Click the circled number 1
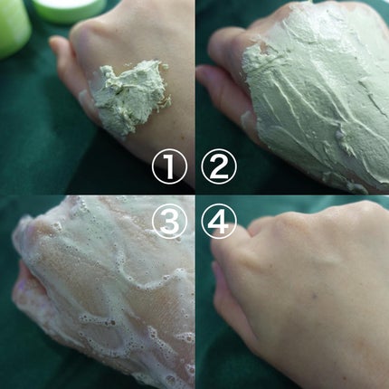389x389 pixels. coord(169,166)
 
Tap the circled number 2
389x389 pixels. coord(219,166)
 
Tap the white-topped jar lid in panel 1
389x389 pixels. coord(69,9)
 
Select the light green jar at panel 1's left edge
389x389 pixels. coord(14,27)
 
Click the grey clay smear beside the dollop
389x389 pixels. coord(85,96)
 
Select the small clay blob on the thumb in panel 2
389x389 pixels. coord(248,119)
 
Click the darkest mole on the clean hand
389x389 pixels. coord(315,297)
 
